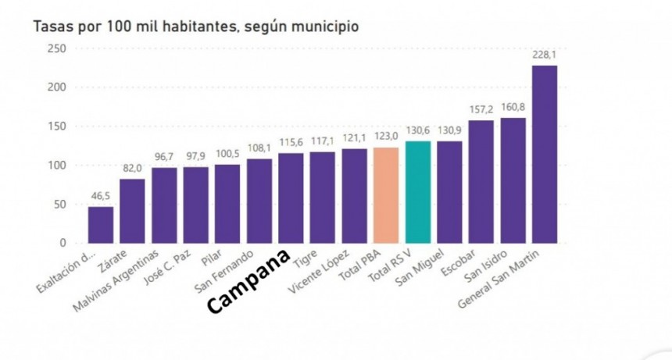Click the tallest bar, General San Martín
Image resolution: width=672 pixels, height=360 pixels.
click(x=545, y=155)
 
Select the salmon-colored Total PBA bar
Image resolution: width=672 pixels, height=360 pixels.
click(x=386, y=195)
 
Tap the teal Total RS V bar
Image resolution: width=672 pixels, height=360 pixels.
click(x=418, y=192)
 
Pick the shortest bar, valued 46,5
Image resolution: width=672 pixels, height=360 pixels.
click(x=100, y=225)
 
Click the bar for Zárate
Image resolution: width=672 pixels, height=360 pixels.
click(x=132, y=211)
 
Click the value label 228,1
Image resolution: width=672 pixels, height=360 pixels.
click(x=545, y=55)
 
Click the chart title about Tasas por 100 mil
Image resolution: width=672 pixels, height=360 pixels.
click(x=195, y=27)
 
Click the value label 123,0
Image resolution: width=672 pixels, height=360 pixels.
click(x=386, y=137)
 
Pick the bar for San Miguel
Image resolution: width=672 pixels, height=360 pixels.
click(x=449, y=192)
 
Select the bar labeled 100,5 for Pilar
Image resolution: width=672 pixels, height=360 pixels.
click(x=227, y=204)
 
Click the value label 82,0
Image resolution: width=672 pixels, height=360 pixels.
click(x=132, y=169)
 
